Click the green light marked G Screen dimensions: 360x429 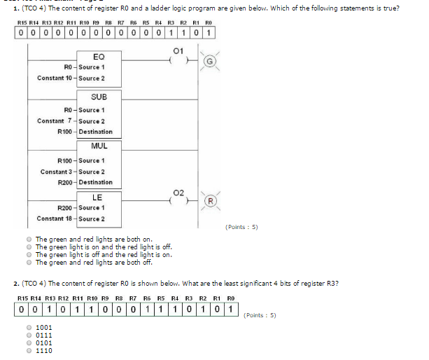207,62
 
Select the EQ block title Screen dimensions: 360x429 98,56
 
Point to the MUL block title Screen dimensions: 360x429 99,146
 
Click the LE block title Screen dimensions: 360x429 98,197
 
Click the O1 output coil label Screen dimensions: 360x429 178,50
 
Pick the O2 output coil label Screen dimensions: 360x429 178,191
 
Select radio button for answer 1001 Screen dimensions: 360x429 29,327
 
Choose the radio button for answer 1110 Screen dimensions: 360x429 29,350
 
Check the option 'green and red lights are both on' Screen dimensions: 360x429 29,239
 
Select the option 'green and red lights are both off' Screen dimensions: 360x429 29,262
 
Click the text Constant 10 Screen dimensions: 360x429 55,78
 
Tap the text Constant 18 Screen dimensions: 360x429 55,219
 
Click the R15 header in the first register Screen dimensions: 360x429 22,22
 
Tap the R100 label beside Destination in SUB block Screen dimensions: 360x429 65,132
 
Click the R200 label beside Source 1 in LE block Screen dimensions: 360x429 65,207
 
